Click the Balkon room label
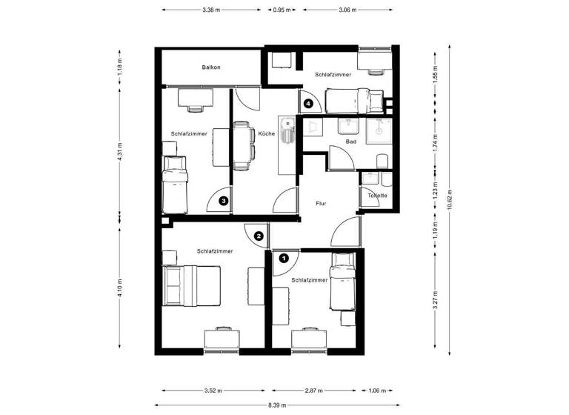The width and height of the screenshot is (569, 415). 211,67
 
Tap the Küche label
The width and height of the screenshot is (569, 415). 267,134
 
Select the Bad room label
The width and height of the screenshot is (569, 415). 351,141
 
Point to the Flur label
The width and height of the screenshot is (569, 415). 321,203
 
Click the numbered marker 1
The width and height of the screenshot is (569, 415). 283,259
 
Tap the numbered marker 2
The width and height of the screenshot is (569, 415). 259,236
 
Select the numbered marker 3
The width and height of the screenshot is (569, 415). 223,200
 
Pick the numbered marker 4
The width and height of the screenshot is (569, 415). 307,104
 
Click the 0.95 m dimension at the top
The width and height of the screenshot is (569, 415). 282,11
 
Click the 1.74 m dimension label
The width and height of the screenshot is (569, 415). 436,143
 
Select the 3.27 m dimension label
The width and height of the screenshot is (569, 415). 436,297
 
